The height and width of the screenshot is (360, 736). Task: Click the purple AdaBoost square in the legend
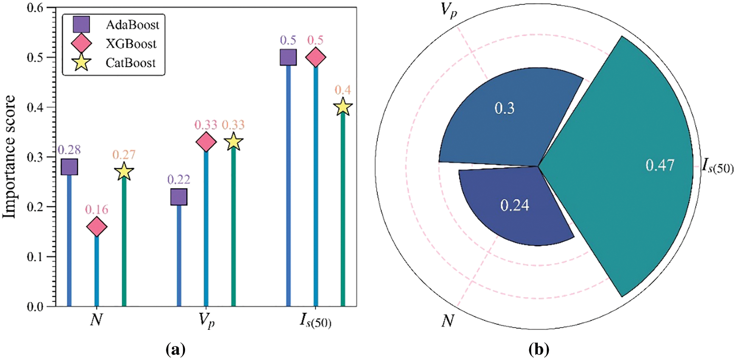tap(81, 25)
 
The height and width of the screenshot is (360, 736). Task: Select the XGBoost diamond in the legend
tap(81, 44)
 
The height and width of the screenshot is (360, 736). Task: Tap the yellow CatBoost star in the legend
tap(81, 63)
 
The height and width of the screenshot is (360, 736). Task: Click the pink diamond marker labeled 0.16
tap(97, 227)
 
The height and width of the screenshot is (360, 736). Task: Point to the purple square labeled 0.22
tap(179, 197)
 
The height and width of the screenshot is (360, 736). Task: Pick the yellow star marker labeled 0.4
tap(343, 107)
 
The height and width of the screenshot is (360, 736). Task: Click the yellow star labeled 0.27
tap(124, 172)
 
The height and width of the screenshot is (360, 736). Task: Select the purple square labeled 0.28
tap(70, 167)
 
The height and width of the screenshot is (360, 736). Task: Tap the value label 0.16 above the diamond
tap(97, 209)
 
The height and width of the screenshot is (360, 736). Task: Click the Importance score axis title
tap(9, 157)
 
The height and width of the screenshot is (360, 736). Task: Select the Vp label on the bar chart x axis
tap(207, 321)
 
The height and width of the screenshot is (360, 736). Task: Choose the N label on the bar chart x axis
tap(96, 320)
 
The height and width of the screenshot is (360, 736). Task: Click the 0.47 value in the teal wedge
tap(660, 165)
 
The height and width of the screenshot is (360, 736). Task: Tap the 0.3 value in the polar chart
tap(504, 108)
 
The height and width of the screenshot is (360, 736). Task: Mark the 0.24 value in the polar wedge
tap(514, 205)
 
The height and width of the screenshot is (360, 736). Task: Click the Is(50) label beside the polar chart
tap(717, 166)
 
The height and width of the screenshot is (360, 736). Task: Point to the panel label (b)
tap(539, 350)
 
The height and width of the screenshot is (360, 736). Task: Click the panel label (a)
tap(175, 350)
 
